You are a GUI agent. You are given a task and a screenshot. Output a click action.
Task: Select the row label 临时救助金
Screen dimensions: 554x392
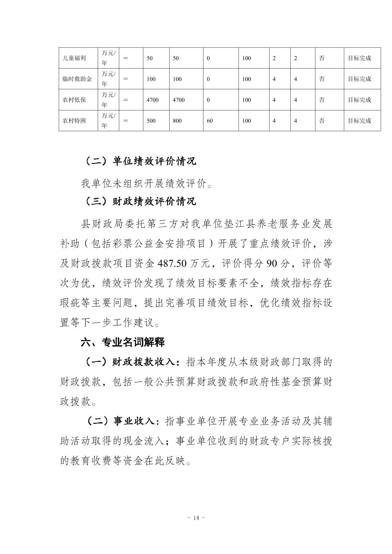(x=77, y=79)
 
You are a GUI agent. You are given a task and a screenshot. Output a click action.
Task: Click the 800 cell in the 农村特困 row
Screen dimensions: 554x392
(x=177, y=121)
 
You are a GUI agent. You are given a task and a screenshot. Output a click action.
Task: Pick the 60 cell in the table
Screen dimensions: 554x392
(x=210, y=121)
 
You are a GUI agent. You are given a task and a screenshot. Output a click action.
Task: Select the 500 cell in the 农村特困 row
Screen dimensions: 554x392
(x=151, y=121)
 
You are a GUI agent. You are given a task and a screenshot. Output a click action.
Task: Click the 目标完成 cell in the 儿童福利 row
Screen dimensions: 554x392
(x=359, y=58)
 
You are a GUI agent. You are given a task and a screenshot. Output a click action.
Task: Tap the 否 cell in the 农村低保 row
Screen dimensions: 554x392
(x=322, y=100)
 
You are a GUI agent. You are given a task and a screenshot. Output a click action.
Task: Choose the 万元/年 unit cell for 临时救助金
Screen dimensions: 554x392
(x=108, y=79)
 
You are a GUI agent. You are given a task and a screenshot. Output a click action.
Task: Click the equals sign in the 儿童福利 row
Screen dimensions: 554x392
(x=125, y=58)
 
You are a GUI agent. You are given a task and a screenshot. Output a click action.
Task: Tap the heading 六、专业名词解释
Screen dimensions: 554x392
(x=123, y=342)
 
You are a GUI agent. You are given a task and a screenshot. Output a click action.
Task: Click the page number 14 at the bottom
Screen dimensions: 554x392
(x=196, y=518)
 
